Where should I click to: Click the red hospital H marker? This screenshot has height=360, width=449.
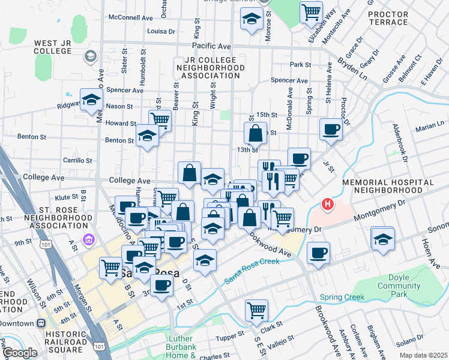pos(327,205)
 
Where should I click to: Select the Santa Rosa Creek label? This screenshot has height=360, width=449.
pos(253,270)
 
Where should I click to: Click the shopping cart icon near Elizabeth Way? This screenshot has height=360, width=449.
pos(311,11)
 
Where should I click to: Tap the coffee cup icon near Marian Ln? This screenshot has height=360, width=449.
pos(331,129)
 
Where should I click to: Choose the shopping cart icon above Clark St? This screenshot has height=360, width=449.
pos(256,310)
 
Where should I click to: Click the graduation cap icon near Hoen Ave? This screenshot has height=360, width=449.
pos(382,238)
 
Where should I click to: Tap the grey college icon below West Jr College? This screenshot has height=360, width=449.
pos(90,56)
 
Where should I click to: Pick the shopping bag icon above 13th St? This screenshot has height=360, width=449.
pos(255,133)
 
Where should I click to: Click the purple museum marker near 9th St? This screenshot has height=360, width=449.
pos(89,240)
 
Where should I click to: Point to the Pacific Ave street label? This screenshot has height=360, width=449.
pos(211,46)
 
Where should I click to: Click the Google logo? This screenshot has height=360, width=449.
pos(20,353)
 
